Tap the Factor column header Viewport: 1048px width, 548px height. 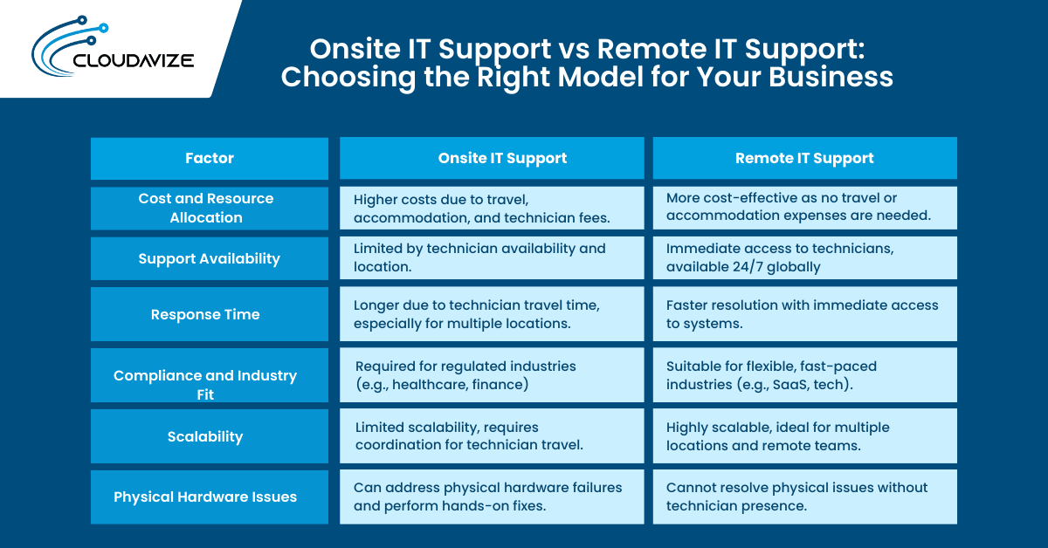(x=210, y=158)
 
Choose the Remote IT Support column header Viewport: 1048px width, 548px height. (x=804, y=158)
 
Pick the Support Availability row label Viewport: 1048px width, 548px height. (x=210, y=258)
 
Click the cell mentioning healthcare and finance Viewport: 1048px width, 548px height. (x=492, y=375)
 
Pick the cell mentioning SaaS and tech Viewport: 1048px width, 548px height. (x=804, y=375)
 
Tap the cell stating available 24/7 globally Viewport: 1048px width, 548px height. (x=804, y=257)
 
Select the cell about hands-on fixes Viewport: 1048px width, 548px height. (x=492, y=497)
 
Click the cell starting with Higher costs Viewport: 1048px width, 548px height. (x=492, y=208)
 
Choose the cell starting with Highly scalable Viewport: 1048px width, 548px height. (x=804, y=436)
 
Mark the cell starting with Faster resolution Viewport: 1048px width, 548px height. (x=804, y=314)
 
